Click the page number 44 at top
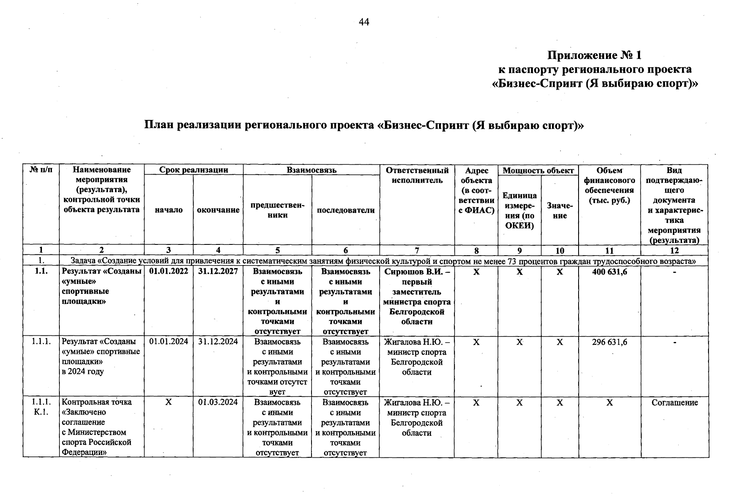(x=364, y=22)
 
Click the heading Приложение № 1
(x=594, y=56)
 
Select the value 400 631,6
(x=609, y=272)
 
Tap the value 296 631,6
(x=609, y=342)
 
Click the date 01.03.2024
(x=218, y=402)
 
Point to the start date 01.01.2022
(x=169, y=271)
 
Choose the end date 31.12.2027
(x=218, y=271)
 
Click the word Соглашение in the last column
(x=675, y=403)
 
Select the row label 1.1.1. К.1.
(x=41, y=407)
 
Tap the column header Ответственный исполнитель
(x=417, y=175)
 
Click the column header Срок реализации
(x=194, y=170)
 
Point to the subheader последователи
(x=346, y=210)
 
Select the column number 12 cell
(x=675, y=250)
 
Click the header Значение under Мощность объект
(x=559, y=210)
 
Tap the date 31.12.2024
(x=218, y=342)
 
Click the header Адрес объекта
(x=476, y=190)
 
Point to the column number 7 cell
(x=417, y=250)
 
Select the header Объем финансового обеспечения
(x=609, y=185)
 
